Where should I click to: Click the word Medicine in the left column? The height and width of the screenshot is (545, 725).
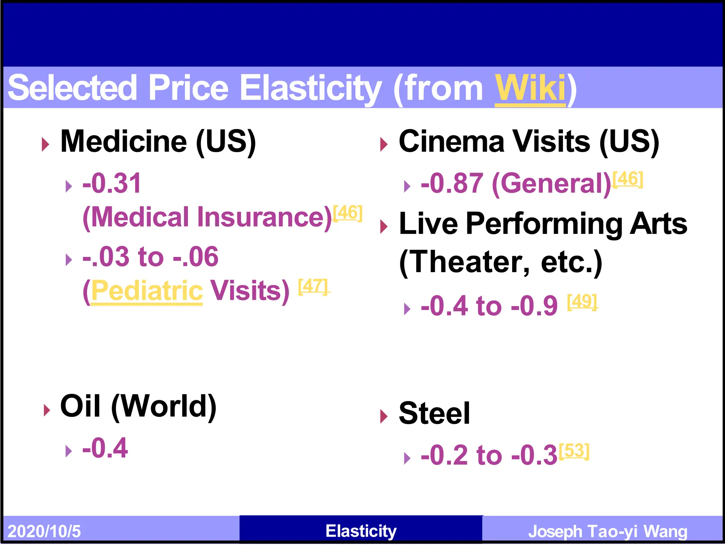click(x=124, y=142)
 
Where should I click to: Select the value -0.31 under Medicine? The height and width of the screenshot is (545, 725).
click(x=112, y=183)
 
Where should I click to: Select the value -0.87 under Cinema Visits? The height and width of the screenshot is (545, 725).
click(x=452, y=183)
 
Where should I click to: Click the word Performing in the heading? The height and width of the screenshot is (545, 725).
click(x=544, y=224)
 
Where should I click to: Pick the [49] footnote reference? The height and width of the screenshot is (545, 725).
click(x=582, y=302)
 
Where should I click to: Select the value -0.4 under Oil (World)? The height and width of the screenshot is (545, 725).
click(x=105, y=448)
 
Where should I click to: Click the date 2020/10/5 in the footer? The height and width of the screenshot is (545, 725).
click(x=44, y=531)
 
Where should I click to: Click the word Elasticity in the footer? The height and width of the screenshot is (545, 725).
click(x=361, y=531)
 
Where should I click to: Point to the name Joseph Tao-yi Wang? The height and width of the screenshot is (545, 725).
click(x=607, y=531)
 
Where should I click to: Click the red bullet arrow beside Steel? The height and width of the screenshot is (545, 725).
click(x=384, y=416)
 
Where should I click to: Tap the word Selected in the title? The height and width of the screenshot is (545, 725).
click(x=72, y=88)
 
